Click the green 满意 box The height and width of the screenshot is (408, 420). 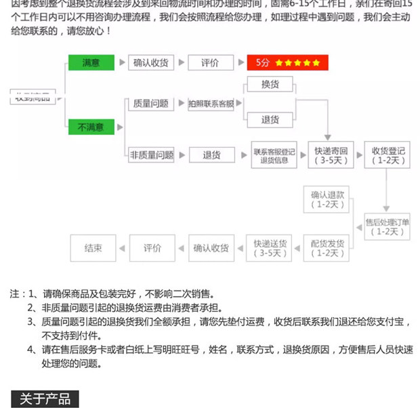coord(91,63)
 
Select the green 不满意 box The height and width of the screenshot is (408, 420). coord(91,126)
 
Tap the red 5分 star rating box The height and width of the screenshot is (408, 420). coord(287,63)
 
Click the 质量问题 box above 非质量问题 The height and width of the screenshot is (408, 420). coord(150,104)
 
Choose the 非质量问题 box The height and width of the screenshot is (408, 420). coord(150,155)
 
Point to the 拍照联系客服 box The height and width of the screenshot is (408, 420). coord(211,104)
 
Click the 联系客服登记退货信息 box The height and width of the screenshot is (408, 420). coord(274,155)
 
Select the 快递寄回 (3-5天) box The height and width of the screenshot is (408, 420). coord(331,155)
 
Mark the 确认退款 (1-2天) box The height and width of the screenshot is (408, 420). coord(328,199)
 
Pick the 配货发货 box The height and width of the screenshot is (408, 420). coord(328,247)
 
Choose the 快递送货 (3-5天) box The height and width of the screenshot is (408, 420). coord(270,247)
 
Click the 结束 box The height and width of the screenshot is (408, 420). coord(93,247)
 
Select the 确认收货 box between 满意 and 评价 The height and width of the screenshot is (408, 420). coord(150,63)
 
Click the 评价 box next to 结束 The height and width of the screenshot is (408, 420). coord(152,247)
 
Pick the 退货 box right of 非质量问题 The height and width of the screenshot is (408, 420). coord(211,155)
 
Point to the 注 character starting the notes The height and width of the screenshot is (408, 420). coord(15,294)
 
